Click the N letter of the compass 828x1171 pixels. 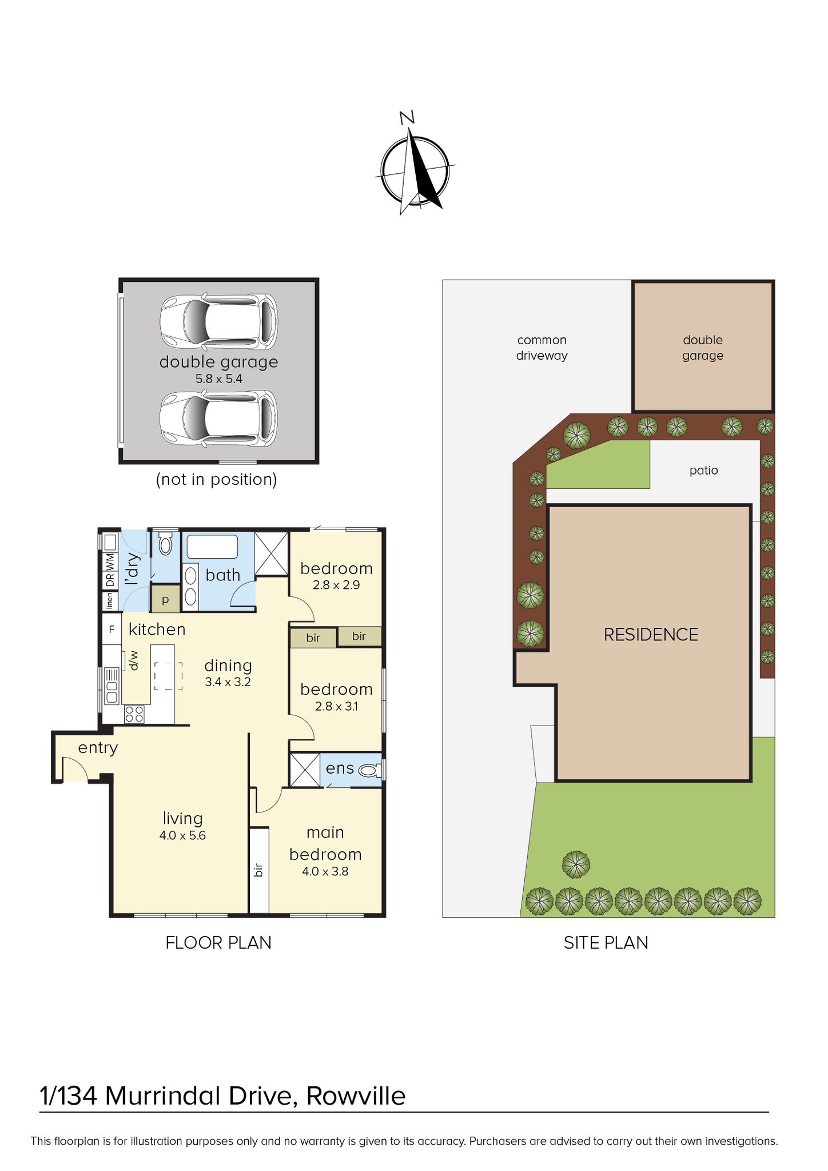click(407, 118)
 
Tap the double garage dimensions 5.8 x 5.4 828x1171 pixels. click(219, 379)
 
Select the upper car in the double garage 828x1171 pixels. click(218, 322)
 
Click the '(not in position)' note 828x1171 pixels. click(217, 479)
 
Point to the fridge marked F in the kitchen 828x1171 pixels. click(112, 630)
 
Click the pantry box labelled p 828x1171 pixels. click(165, 600)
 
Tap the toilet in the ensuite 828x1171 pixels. click(370, 770)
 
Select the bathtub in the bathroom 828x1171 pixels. click(212, 547)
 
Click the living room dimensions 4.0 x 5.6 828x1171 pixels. click(182, 835)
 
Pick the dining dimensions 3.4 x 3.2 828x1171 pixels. click(228, 682)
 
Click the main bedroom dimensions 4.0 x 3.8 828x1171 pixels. click(325, 871)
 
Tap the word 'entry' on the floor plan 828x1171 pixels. click(98, 748)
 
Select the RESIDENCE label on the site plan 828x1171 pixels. click(651, 635)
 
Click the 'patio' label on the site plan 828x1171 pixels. click(703, 471)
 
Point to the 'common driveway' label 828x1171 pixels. click(542, 348)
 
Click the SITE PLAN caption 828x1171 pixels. click(606, 943)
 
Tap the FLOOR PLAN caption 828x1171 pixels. click(218, 943)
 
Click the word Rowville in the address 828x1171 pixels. click(356, 1096)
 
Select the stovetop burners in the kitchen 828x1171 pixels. click(134, 714)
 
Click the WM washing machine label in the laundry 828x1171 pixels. click(110, 561)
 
